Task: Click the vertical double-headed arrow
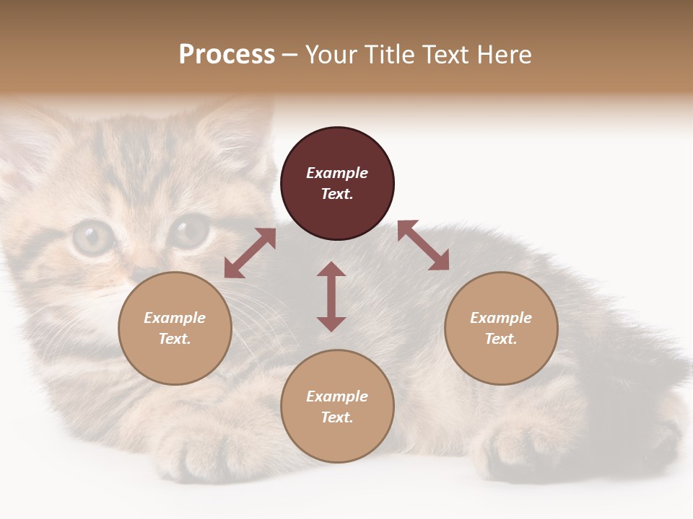[x=331, y=297]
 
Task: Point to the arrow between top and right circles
[x=423, y=246]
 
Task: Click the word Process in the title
[x=227, y=54]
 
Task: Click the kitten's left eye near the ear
[x=92, y=236]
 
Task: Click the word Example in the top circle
[x=337, y=173]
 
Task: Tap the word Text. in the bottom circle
[x=337, y=417]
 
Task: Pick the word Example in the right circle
[x=501, y=318]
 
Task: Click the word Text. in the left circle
[x=175, y=339]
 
